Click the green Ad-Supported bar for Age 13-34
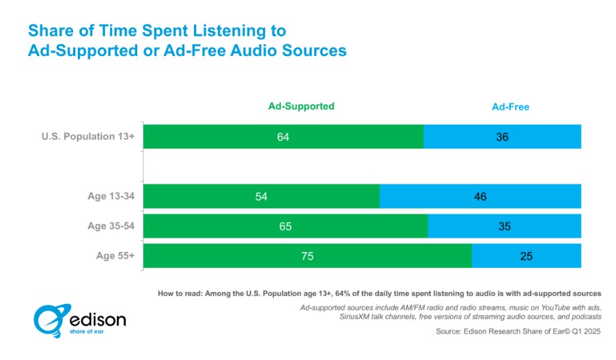[205, 196]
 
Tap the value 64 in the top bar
[283, 137]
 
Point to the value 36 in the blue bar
[502, 137]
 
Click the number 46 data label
[480, 196]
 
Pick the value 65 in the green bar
[285, 226]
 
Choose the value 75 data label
[307, 256]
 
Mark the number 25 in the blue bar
[525, 256]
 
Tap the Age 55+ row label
[116, 256]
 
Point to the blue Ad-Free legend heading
[510, 107]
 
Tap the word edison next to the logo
[98, 320]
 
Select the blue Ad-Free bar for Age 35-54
[504, 226]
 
